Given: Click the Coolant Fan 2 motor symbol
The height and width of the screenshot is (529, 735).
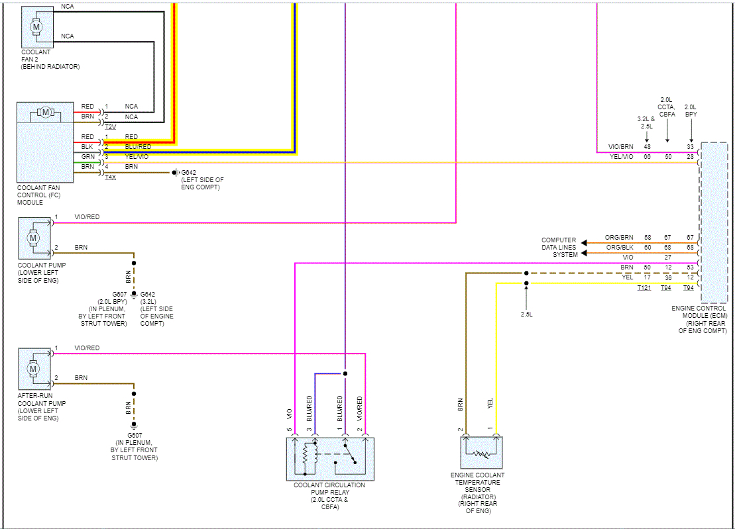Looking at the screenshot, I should point(36,26).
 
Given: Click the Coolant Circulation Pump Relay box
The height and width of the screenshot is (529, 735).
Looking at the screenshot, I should point(330,458).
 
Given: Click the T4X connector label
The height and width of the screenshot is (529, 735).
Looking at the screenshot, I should point(110,178).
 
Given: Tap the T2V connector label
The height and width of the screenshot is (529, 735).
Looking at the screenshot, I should point(110,126).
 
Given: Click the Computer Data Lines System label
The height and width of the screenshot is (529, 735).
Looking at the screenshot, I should point(559,247).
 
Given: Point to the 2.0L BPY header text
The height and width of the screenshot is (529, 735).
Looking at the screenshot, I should point(691,111).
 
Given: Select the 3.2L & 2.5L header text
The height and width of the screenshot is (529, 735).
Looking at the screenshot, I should point(646,122).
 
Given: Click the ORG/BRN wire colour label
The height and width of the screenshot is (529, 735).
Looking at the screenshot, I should point(619,237).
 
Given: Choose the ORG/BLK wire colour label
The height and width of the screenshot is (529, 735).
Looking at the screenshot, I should point(619,247).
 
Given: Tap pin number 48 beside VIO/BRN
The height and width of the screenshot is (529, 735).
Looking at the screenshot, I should point(647,146).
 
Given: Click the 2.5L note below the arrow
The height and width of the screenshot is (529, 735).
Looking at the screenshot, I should point(526,314).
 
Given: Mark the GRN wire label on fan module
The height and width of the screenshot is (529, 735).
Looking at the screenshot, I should point(87,156).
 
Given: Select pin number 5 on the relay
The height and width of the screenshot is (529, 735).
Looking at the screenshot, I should point(289,430).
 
